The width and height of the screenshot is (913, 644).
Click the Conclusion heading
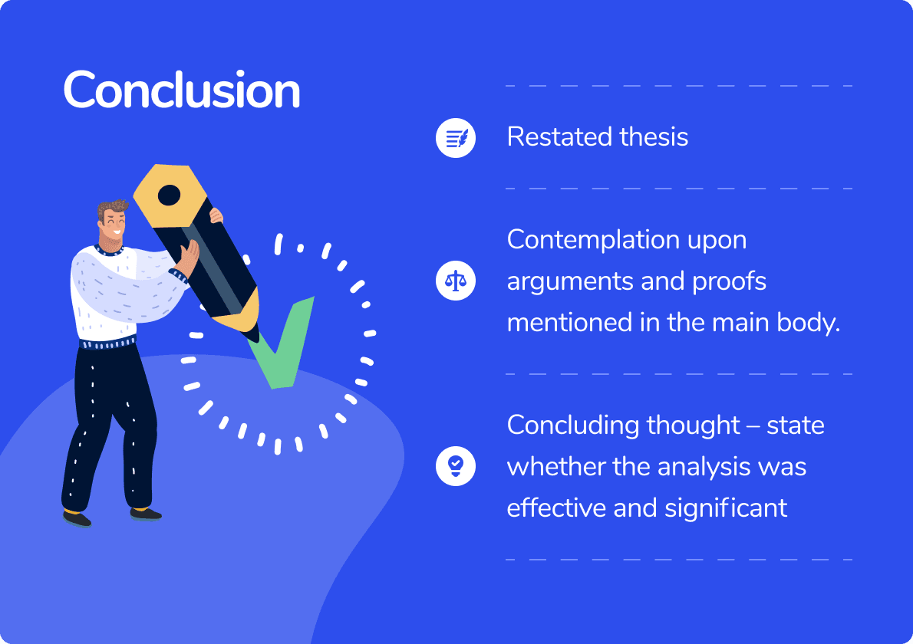pyautogui.click(x=182, y=90)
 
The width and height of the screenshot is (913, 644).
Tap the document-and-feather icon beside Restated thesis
pyautogui.click(x=455, y=138)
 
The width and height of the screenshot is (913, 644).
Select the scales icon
pyautogui.click(x=455, y=281)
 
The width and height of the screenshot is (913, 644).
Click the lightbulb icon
pyautogui.click(x=455, y=465)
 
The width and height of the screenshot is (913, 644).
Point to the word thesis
pyautogui.click(x=654, y=137)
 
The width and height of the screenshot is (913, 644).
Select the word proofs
pyautogui.click(x=729, y=281)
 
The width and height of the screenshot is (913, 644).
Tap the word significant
pyautogui.click(x=726, y=508)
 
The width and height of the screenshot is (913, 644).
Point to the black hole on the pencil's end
pyautogui.click(x=169, y=195)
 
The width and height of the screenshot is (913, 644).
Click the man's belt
pyautogui.click(x=108, y=343)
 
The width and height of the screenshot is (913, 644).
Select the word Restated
pyautogui.click(x=559, y=137)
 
